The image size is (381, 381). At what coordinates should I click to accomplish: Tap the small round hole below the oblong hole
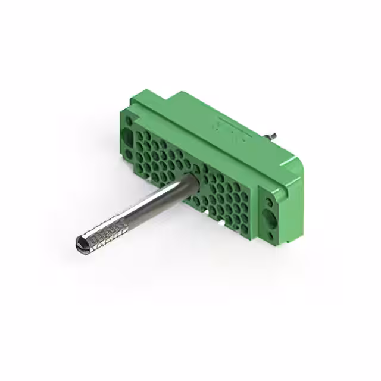[x=129, y=155]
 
